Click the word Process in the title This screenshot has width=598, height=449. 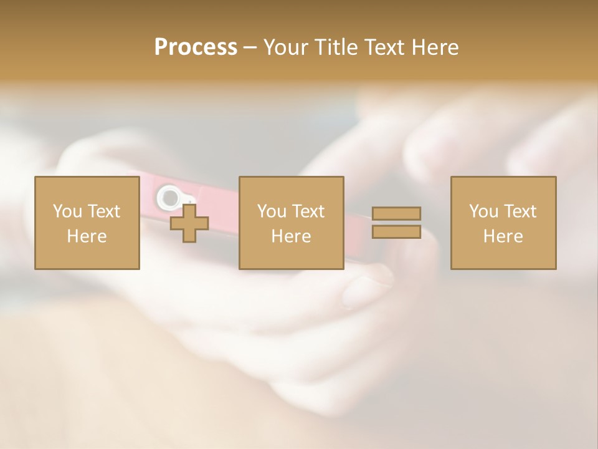tap(196, 47)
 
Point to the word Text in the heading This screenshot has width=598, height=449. tap(387, 47)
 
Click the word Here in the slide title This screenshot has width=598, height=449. tap(435, 47)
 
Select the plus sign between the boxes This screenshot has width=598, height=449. tap(189, 223)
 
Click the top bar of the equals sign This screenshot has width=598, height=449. tap(396, 213)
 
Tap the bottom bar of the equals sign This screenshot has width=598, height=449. tap(396, 231)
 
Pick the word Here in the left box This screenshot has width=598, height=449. tap(87, 236)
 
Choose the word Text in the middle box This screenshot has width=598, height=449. tap(308, 211)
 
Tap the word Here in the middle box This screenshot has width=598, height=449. tap(291, 236)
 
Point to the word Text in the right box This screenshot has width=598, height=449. tap(520, 211)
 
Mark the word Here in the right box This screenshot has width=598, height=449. tap(503, 236)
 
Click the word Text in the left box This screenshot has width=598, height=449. tap(103, 211)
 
